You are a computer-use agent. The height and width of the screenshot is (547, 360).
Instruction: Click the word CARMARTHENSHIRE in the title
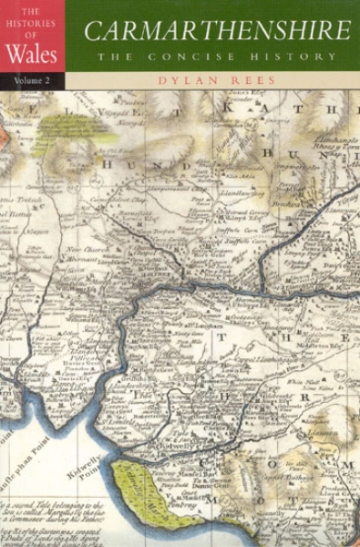[216, 31]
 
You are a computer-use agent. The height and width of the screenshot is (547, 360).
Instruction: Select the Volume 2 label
[32, 81]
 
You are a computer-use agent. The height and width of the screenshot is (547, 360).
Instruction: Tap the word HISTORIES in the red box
[32, 24]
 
